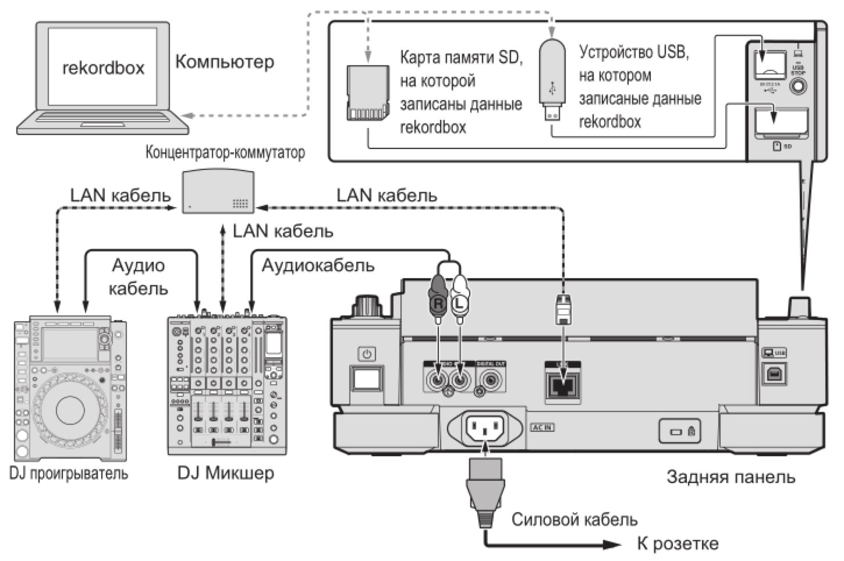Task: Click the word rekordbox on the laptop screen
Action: [x=103, y=68]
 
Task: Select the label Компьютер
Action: [x=225, y=62]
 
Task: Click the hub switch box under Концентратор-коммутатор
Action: [x=218, y=191]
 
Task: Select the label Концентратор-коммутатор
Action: [x=225, y=154]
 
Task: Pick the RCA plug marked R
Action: [x=438, y=297]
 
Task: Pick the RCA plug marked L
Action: [x=460, y=297]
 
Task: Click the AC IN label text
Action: [x=542, y=428]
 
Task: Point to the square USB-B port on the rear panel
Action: [x=774, y=373]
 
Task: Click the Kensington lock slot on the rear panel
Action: [x=677, y=432]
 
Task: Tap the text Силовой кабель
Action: [x=574, y=519]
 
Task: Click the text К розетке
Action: [x=678, y=544]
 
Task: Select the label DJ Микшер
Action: [x=225, y=473]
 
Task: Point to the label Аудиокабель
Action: [x=318, y=266]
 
